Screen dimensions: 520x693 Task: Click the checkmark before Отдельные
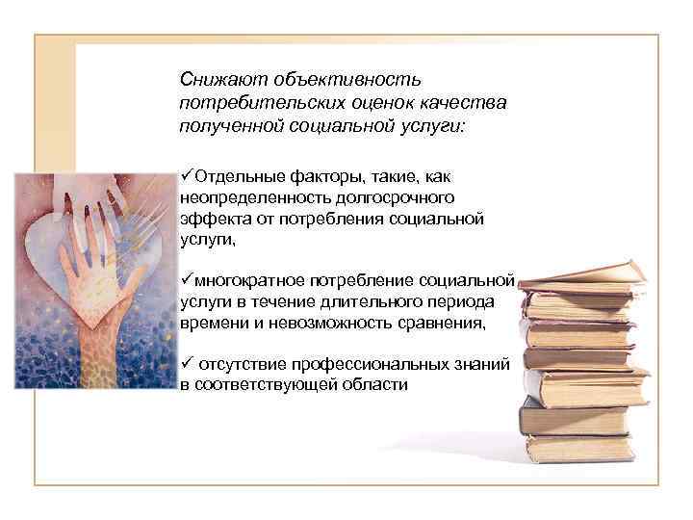[186, 176]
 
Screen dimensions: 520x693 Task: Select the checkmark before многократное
[186, 279]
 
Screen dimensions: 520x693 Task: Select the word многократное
[247, 280]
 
